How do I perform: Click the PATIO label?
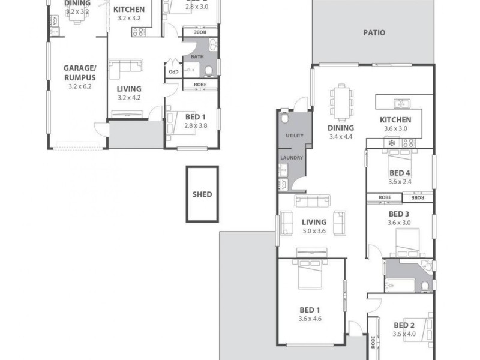point(374,33)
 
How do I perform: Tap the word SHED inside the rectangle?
point(202,194)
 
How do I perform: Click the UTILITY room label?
point(294,136)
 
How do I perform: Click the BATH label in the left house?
point(197,57)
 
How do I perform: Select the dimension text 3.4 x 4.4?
point(340,137)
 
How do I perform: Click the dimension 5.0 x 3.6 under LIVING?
point(313,231)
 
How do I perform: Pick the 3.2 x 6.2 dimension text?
point(79,86)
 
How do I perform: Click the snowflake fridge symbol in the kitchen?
point(392,143)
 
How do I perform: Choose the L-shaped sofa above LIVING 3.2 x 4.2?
point(127,66)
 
